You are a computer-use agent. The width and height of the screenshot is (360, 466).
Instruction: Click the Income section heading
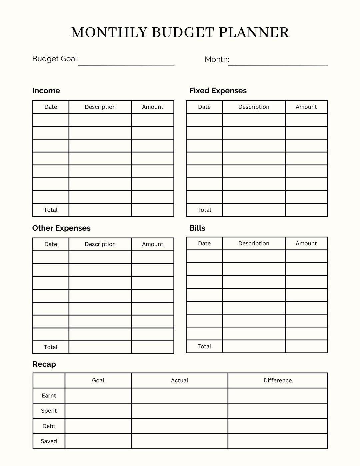tap(46, 91)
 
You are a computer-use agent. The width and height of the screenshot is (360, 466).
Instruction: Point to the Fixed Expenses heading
tap(218, 91)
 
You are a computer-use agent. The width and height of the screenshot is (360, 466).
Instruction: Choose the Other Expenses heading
tap(61, 228)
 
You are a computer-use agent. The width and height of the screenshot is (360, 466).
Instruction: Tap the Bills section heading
tap(197, 228)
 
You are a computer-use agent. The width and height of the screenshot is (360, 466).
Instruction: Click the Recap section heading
tap(44, 364)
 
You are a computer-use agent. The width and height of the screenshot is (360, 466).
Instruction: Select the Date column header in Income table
tap(51, 107)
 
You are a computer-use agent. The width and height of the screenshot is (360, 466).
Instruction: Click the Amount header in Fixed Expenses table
tap(306, 107)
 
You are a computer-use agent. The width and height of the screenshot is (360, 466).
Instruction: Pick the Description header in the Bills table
tap(254, 243)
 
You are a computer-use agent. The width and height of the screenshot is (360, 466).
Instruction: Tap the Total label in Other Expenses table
tap(51, 347)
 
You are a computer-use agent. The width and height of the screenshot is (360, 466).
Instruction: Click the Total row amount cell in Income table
tap(153, 210)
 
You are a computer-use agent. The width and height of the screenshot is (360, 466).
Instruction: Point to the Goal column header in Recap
tap(98, 380)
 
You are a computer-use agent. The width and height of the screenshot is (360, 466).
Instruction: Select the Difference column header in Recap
tap(277, 380)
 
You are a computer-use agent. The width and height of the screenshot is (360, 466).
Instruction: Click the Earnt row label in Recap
tap(49, 396)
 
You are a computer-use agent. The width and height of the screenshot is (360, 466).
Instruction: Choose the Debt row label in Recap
tap(49, 426)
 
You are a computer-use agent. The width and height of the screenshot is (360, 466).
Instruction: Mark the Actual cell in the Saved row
tap(179, 441)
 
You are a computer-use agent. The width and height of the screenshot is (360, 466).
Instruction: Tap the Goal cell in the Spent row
tap(98, 411)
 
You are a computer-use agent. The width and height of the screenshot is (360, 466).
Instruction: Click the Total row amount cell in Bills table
tap(306, 346)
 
